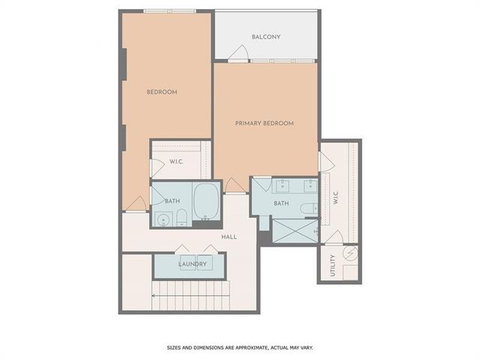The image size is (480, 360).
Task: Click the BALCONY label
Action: pyautogui.click(x=266, y=37)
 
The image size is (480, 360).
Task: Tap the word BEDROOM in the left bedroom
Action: pyautogui.click(x=161, y=92)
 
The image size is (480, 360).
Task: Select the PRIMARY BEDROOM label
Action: pyautogui.click(x=264, y=123)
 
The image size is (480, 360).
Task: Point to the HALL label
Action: pyautogui.click(x=229, y=237)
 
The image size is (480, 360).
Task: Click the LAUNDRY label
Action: pyautogui.click(x=192, y=264)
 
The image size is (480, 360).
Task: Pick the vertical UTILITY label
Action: pyautogui.click(x=333, y=266)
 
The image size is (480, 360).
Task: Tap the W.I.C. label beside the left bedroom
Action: pyautogui.click(x=177, y=162)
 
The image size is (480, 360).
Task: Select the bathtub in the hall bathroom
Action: pyautogui.click(x=205, y=202)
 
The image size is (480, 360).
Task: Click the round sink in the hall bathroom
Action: pyautogui.click(x=164, y=220)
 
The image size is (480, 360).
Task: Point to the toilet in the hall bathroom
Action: pyautogui.click(x=181, y=218)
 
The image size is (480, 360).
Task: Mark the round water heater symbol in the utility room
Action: pyautogui.click(x=348, y=255)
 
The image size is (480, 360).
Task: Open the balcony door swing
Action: pyautogui.click(x=239, y=53)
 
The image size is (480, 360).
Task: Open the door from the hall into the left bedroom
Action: pyautogui.click(x=136, y=203)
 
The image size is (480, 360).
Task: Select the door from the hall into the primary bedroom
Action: pyautogui.click(x=235, y=185)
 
